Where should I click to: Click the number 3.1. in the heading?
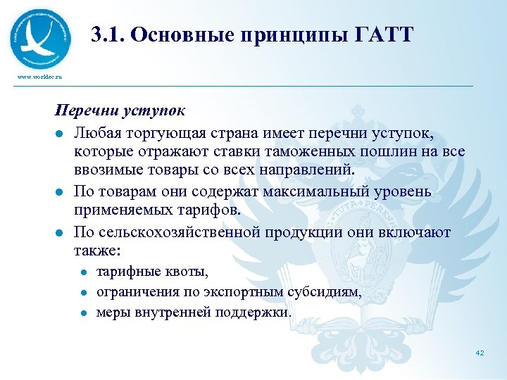[x=107, y=34]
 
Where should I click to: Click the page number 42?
[x=480, y=353]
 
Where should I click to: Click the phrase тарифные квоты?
[x=152, y=271]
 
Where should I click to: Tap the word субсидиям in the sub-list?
[x=325, y=291]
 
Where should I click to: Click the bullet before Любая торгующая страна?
[x=61, y=134]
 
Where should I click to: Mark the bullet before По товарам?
[x=61, y=193]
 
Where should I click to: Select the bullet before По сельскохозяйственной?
[x=61, y=232]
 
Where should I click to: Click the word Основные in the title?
[x=175, y=34]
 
